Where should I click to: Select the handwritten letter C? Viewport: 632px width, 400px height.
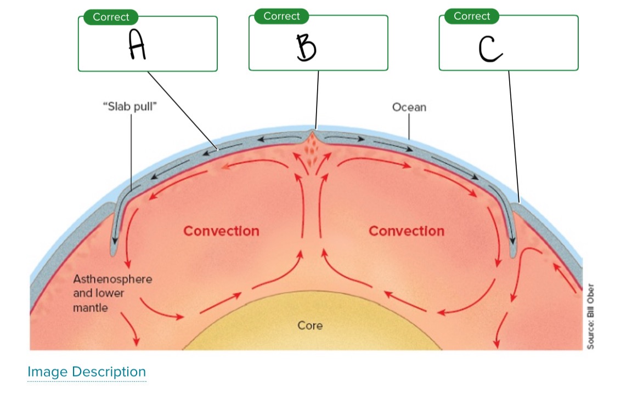pos(490,48)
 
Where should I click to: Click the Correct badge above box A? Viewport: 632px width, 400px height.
pos(110,17)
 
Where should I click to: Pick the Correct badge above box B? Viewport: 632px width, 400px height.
pos(281,16)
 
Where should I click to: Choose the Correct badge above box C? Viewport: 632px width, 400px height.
pos(472,16)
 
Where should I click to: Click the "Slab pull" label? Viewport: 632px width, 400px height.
pos(130,106)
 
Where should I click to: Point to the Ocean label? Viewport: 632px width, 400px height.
pos(409,107)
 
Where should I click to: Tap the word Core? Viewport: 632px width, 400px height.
pos(310,325)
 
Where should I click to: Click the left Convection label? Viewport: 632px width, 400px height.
pos(221,231)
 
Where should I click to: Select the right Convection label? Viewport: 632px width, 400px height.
pos(407,231)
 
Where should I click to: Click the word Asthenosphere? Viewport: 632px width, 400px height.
pos(112,279)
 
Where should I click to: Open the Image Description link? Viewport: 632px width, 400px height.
pos(87,372)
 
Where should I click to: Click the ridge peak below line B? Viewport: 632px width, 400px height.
pos(312,132)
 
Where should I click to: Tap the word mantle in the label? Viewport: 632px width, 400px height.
pos(91,307)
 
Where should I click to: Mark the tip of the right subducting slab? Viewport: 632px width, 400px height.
pos(513,254)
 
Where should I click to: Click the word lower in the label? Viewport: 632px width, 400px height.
pos(110,293)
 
